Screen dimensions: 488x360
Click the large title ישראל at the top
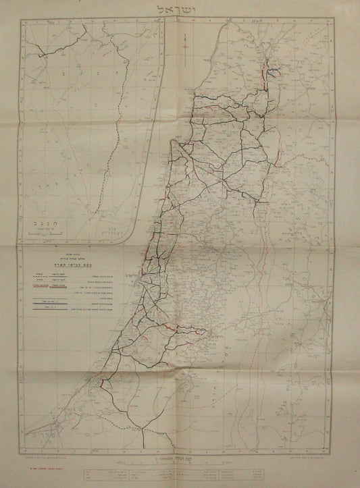(x=179, y=9)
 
